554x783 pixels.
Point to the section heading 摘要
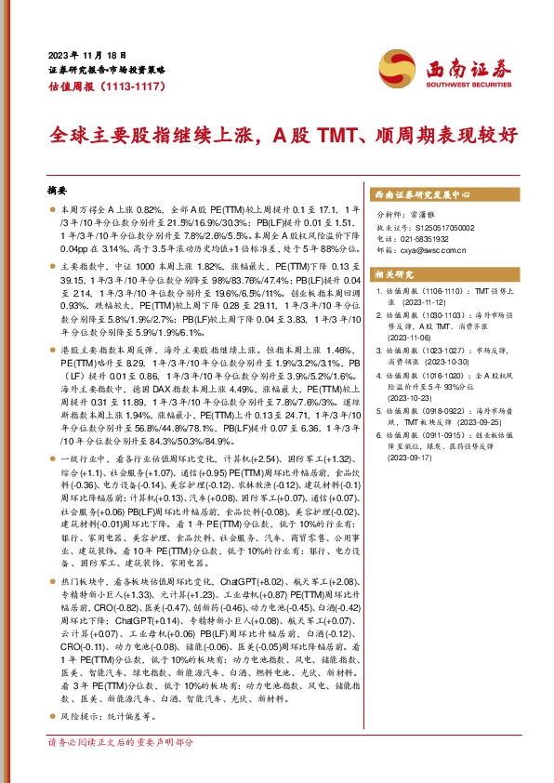pos(58,190)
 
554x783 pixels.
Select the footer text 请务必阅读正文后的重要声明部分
pos(120,742)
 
